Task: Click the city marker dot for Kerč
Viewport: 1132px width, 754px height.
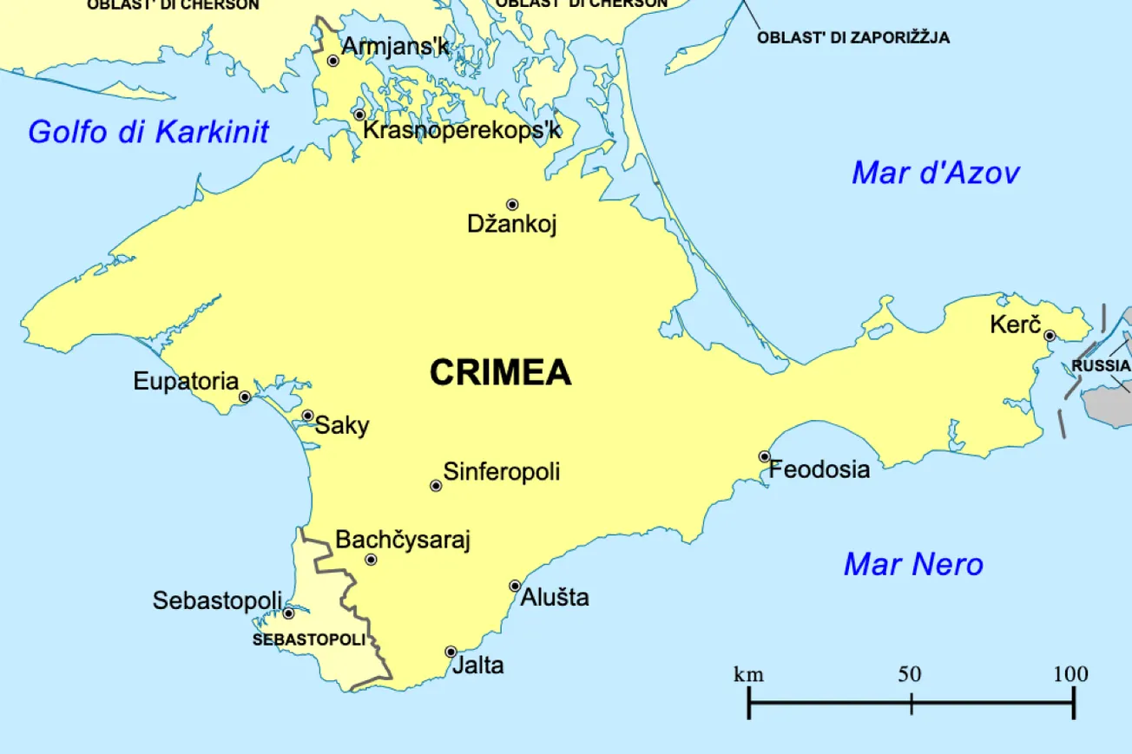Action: (x=1049, y=335)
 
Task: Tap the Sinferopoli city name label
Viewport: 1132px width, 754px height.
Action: (x=502, y=472)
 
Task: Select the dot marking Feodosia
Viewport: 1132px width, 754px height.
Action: (x=764, y=456)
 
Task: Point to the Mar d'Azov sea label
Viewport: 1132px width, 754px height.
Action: (x=935, y=173)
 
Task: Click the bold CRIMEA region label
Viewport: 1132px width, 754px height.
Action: (x=501, y=372)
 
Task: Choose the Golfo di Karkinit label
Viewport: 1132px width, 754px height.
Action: (x=148, y=132)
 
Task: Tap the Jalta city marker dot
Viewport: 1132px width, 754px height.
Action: (x=451, y=652)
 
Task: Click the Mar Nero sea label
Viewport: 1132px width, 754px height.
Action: (x=913, y=565)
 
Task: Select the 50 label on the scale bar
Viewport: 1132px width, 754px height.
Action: (x=910, y=674)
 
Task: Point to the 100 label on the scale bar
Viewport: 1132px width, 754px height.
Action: (x=1070, y=674)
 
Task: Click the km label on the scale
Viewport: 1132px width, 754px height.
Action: (x=748, y=674)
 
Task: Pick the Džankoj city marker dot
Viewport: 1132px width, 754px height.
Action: (x=512, y=205)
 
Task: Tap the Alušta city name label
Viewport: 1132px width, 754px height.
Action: (x=556, y=597)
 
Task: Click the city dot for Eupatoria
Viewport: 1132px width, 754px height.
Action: (x=245, y=397)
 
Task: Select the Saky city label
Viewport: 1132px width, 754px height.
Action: (x=342, y=425)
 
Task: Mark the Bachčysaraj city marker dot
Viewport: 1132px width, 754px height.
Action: (x=371, y=560)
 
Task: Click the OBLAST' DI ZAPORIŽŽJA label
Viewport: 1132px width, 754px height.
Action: (x=853, y=37)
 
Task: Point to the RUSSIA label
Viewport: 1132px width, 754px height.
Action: (x=1101, y=365)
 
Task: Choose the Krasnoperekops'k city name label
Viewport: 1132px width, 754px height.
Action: (x=462, y=130)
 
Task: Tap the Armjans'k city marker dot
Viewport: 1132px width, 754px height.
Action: (x=332, y=61)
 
